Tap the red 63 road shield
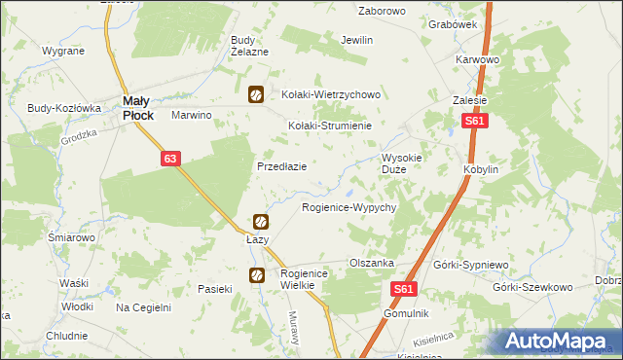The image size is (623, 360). tap(169, 158)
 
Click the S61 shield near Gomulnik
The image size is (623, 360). tap(407, 289)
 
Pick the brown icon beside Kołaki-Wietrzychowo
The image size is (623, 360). tap(255, 94)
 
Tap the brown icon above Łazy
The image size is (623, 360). tap(261, 223)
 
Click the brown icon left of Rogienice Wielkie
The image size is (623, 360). tap(256, 275)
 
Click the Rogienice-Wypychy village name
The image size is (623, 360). tap(348, 208)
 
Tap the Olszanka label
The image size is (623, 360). tap(371, 263)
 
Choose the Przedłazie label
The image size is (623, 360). tap(281, 166)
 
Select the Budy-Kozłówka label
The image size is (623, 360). tap(64, 108)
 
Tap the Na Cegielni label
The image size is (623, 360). tap(143, 307)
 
